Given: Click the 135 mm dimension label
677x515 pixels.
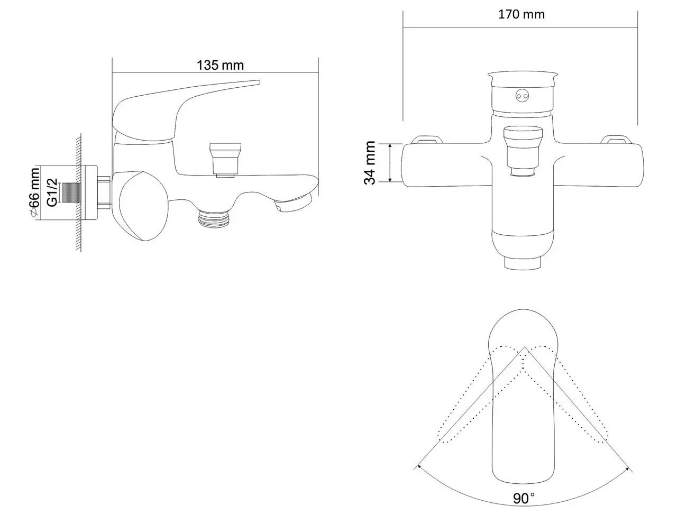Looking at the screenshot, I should [220, 65].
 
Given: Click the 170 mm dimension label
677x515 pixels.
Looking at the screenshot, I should [521, 14].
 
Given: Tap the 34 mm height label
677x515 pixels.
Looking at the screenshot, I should [370, 162].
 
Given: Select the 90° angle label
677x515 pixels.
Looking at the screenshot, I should [523, 498].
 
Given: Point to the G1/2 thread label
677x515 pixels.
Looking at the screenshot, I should [52, 192].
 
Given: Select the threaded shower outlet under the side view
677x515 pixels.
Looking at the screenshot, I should [215, 218].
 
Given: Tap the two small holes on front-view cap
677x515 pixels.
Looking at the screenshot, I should [523, 96].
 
